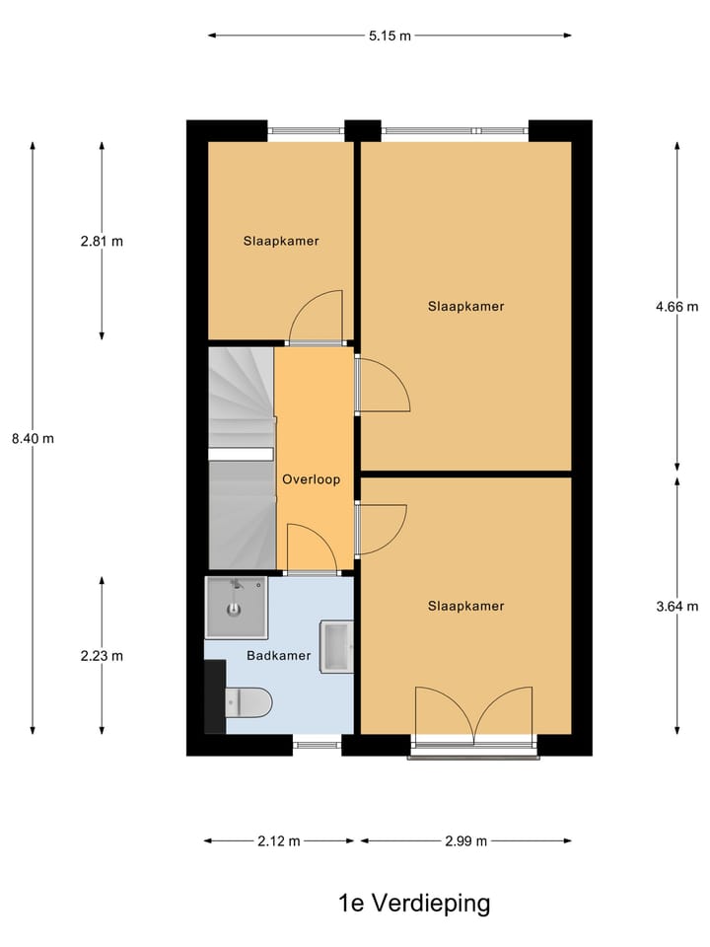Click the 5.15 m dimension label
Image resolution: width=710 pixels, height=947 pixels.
pos(390,36)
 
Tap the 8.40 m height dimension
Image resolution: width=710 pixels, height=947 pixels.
pos(34,439)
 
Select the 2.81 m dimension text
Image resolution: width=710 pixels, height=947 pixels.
pos(103,241)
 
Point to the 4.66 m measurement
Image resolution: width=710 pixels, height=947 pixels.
pos(676,307)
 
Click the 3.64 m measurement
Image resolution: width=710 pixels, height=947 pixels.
pos(676,606)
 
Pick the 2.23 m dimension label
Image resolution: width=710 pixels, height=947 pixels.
pos(103,655)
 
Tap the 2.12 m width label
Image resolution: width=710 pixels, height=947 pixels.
pos(279,841)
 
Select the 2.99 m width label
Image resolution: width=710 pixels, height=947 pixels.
pos(465,841)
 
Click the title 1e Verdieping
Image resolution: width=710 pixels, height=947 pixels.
pos(414,903)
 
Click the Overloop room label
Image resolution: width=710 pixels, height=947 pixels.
pos(311,480)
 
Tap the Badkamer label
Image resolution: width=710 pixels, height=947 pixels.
pos(279,655)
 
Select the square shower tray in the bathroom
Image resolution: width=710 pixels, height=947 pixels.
pos(236,608)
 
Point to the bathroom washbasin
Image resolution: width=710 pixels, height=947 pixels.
pos(335,646)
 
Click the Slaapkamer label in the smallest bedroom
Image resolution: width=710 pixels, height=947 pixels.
pos(281,241)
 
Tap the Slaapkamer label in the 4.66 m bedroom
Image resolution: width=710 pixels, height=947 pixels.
pos(465,307)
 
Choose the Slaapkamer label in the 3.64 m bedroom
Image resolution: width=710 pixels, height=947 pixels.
pos(465,606)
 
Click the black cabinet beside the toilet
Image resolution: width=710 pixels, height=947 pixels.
pos(214,696)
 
